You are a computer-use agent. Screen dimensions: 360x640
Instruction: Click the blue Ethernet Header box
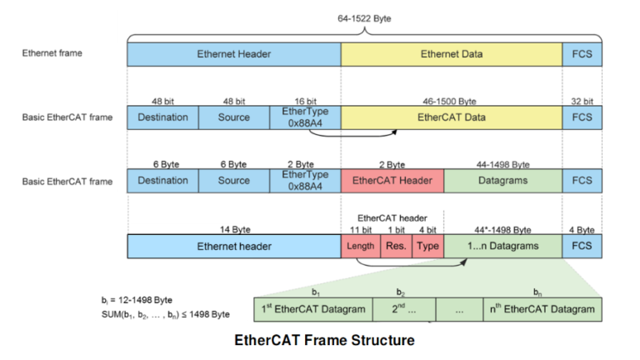tap(233, 54)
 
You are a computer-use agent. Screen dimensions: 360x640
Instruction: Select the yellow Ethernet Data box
tap(451, 54)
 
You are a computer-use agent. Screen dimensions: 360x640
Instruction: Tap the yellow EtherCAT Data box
tap(451, 117)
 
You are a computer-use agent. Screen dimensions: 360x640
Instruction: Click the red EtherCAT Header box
tap(392, 180)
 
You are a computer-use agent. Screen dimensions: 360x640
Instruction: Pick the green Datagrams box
tap(502, 180)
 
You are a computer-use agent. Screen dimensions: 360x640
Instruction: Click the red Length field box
tap(359, 246)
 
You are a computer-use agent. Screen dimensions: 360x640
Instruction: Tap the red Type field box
tap(427, 246)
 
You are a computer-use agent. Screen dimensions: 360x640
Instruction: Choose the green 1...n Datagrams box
tap(502, 246)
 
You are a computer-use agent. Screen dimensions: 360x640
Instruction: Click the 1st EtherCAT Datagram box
tap(315, 309)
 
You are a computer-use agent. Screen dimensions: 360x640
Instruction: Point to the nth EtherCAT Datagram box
tap(542, 309)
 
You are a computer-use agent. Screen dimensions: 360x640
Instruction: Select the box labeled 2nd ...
tap(402, 309)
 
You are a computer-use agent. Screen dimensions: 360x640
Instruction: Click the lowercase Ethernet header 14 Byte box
tap(233, 246)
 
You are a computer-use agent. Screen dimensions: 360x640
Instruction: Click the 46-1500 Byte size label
tap(451, 101)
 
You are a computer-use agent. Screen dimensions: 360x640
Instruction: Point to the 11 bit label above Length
tap(359, 229)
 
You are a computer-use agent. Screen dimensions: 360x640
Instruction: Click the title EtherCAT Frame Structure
tap(324, 340)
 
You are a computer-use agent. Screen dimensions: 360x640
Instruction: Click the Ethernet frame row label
tap(52, 53)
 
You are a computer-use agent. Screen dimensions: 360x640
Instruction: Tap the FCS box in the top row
tap(582, 54)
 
